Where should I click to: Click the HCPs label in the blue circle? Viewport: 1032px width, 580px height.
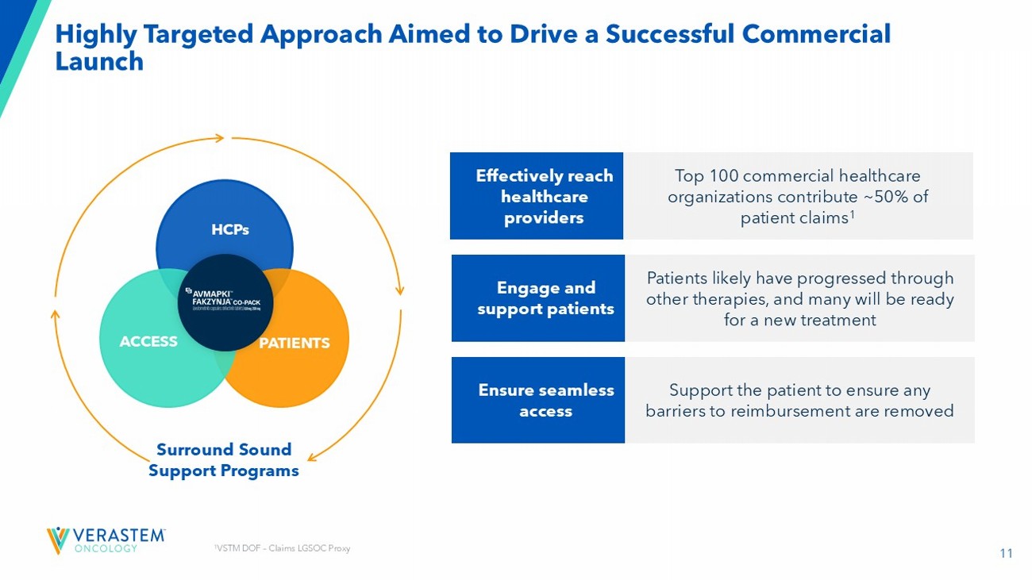230,229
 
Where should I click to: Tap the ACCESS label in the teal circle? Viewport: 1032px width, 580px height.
148,341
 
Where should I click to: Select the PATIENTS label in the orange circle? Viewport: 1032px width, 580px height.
294,343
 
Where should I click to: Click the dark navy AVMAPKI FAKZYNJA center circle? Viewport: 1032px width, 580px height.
225,303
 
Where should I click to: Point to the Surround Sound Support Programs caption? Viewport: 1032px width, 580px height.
224,460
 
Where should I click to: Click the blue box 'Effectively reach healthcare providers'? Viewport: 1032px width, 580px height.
537,196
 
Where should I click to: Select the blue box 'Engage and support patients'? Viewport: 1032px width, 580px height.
538,298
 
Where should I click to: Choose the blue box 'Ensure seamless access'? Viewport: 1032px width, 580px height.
538,400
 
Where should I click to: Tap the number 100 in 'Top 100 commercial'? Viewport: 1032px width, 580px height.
724,175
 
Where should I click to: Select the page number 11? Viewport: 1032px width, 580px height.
1006,554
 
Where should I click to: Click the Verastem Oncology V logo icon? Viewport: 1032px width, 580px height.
57,540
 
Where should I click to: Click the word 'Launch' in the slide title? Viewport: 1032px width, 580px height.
99,62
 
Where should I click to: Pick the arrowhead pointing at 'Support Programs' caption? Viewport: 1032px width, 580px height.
312,457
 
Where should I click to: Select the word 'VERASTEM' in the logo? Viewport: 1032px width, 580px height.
118,535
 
